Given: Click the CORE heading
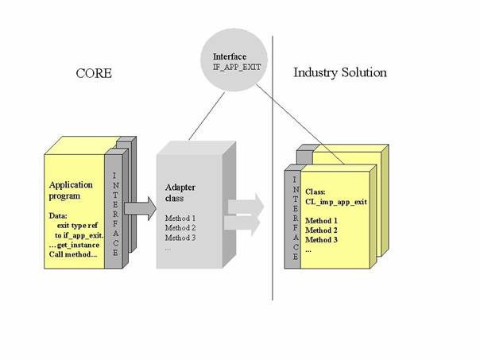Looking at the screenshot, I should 93,73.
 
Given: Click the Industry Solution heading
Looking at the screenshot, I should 340,73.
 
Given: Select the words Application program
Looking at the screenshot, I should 71,191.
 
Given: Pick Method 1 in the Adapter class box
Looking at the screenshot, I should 180,218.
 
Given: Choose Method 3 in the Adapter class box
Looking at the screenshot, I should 180,238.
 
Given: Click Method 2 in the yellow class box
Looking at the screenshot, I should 323,230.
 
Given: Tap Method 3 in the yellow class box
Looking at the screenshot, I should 323,239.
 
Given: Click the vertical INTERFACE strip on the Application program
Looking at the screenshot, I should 115,215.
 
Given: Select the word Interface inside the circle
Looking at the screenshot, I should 230,57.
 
